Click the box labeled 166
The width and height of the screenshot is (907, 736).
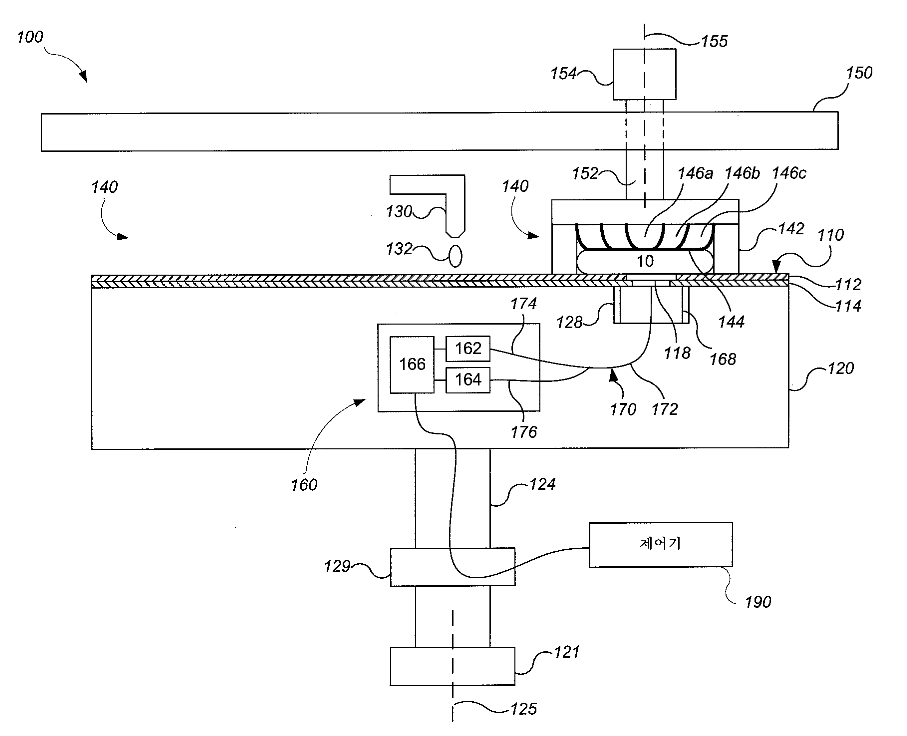tap(412, 365)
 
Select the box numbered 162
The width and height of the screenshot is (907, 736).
tap(468, 349)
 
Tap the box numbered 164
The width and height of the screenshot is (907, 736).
tap(468, 380)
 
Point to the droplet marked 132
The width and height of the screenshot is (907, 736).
tap(455, 256)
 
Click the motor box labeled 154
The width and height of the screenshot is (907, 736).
tap(645, 74)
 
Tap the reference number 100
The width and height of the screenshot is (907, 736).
tap(30, 37)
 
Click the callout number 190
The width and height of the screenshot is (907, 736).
tap(758, 602)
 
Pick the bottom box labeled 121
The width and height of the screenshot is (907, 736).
tap(453, 666)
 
